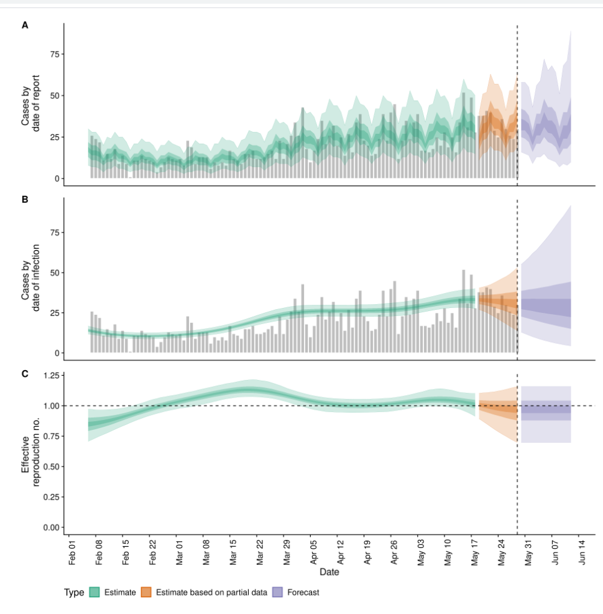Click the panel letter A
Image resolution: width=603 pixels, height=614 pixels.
click(25, 26)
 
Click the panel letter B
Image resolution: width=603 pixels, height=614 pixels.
click(25, 200)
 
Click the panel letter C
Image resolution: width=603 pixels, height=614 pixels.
click(25, 374)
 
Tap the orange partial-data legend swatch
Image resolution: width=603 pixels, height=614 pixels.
click(147, 592)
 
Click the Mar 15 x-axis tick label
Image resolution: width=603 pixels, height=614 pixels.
click(231, 551)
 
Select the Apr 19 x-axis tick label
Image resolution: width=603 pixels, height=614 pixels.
click(365, 551)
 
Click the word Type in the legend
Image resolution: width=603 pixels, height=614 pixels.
click(74, 592)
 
